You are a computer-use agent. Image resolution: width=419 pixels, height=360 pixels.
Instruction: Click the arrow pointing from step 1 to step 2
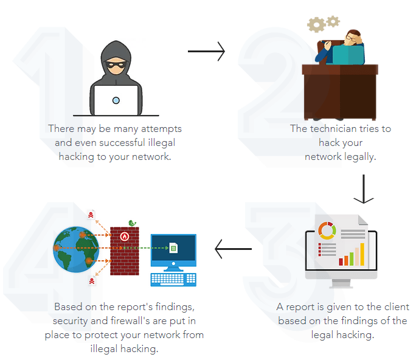pos(206,51)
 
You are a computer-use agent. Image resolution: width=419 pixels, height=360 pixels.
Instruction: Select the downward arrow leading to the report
pos(364,189)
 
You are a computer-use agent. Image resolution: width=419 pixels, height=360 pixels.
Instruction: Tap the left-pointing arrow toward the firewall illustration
pos(233,249)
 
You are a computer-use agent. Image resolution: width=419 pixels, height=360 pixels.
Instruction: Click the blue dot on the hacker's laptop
pos(116,100)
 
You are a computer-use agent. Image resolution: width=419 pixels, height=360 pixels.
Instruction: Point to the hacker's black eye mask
pos(116,64)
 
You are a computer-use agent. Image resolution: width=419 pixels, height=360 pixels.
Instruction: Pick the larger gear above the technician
pos(316,25)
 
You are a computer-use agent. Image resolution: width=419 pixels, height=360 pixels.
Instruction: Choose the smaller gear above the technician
pos(333,21)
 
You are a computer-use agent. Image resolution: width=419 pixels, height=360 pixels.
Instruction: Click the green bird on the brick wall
pos(132,223)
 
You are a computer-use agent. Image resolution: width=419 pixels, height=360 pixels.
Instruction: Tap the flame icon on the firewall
pos(125,237)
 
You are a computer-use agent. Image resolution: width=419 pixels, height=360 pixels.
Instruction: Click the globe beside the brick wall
pos(76,249)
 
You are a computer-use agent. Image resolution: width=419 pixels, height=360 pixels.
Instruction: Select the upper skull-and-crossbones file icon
pos(91,215)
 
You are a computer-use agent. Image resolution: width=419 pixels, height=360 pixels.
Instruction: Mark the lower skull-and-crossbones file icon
pos(92,280)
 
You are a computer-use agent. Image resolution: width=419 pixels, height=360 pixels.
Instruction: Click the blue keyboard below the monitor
pos(173,280)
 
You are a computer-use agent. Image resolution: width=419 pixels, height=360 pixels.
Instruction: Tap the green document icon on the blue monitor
pos(173,247)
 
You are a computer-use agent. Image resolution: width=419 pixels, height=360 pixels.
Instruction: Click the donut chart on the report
pos(327,230)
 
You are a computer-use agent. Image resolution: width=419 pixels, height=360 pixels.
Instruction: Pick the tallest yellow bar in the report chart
pos(362,254)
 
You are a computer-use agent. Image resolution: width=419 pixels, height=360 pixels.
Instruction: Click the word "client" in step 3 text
pos(396,307)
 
